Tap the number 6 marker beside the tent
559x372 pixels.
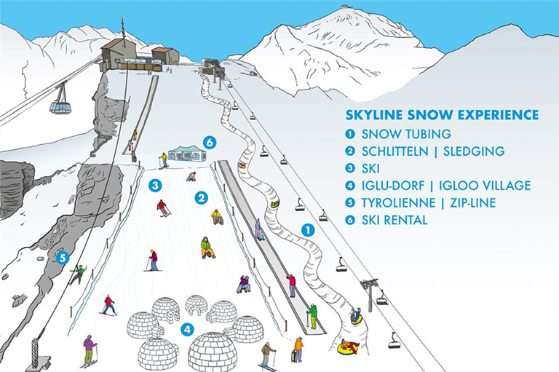[210, 143]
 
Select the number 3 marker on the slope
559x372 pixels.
[155, 186]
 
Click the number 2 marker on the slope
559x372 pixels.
[202, 198]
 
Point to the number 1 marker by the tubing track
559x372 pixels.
[308, 230]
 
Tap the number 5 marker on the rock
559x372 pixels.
[63, 258]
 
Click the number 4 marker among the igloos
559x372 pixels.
[188, 330]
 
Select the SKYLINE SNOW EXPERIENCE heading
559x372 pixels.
[442, 115]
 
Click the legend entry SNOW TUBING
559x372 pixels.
[406, 134]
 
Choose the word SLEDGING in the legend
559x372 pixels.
[474, 151]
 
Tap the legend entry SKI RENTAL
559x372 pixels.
[395, 220]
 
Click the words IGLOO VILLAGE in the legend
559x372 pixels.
[485, 186]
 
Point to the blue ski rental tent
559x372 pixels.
[187, 153]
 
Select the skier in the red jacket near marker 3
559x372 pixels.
[162, 208]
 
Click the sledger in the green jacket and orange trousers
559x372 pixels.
[207, 248]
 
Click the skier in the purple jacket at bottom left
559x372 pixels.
[89, 351]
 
